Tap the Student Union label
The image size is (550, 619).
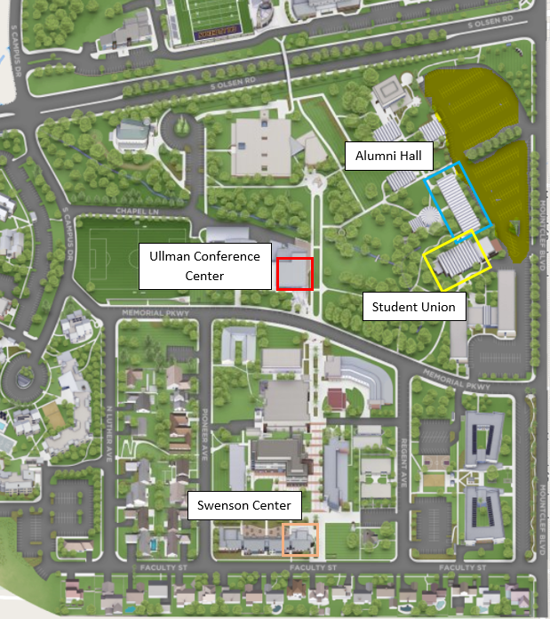coord(414,308)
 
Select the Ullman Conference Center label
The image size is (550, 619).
coord(204,266)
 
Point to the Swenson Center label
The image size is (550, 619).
coord(244,506)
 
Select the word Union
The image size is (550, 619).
coord(437,308)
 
